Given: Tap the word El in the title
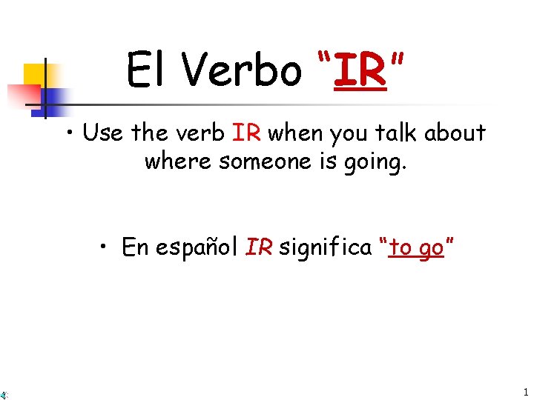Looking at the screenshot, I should [x=148, y=70].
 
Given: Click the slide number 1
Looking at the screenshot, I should [x=525, y=392].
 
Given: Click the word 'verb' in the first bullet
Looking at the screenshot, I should [x=202, y=133].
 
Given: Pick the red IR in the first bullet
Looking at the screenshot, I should [x=245, y=133].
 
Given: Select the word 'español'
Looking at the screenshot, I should [x=197, y=247].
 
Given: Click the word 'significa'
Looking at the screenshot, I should [x=326, y=247].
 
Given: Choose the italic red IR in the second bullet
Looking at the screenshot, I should [x=259, y=247].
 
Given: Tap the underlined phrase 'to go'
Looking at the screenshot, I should [x=416, y=248].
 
